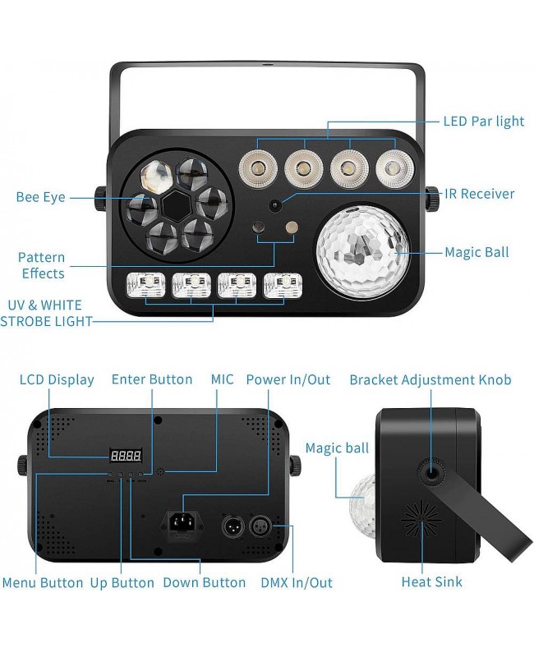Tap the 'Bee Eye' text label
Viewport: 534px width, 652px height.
[x=40, y=197]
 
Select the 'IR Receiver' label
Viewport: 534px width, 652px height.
[x=479, y=194]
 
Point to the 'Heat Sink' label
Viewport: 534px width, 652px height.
[x=431, y=581]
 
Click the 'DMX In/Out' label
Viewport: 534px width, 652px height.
[x=296, y=582]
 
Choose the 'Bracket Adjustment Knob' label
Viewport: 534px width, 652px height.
[x=430, y=379]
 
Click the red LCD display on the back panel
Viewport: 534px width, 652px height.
[x=125, y=455]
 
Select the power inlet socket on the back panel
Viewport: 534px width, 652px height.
[x=183, y=524]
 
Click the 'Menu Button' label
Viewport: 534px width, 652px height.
[x=43, y=582]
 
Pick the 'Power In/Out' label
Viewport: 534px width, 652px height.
[x=288, y=379]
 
